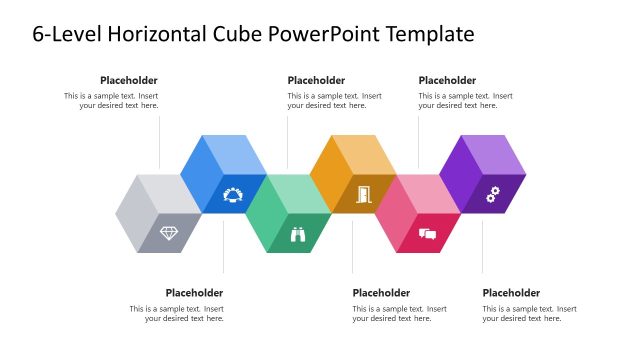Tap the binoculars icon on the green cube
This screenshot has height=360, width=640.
(x=298, y=235)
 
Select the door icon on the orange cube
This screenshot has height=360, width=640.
(x=363, y=194)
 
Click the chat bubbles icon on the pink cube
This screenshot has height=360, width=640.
(x=428, y=235)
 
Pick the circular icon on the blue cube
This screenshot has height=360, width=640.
(x=233, y=194)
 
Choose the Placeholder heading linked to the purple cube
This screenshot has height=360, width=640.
(x=511, y=292)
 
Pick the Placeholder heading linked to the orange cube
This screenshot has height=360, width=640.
(x=381, y=292)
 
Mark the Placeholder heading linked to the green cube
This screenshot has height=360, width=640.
(x=316, y=80)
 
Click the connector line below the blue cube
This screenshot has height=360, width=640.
(x=223, y=245)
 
